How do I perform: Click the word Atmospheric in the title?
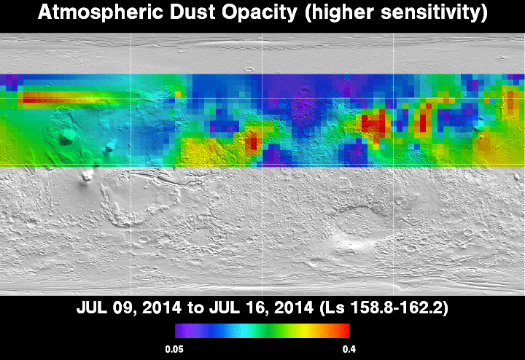pyautogui.click(x=101, y=12)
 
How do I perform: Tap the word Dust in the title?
pyautogui.click(x=192, y=12)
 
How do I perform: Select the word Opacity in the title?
pyautogui.click(x=260, y=13)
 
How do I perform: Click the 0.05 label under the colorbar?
pyautogui.click(x=174, y=350)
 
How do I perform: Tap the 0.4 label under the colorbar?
pyautogui.click(x=349, y=350)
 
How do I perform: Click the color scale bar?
pyautogui.click(x=262, y=331)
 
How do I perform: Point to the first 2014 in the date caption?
pyautogui.click(x=161, y=308)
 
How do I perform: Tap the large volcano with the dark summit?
pyautogui.click(x=66, y=136)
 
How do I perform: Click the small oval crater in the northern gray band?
pyautogui.click(x=249, y=69)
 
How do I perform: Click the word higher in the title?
pyautogui.click(x=339, y=13)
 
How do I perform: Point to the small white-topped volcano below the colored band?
pyautogui.click(x=87, y=176)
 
